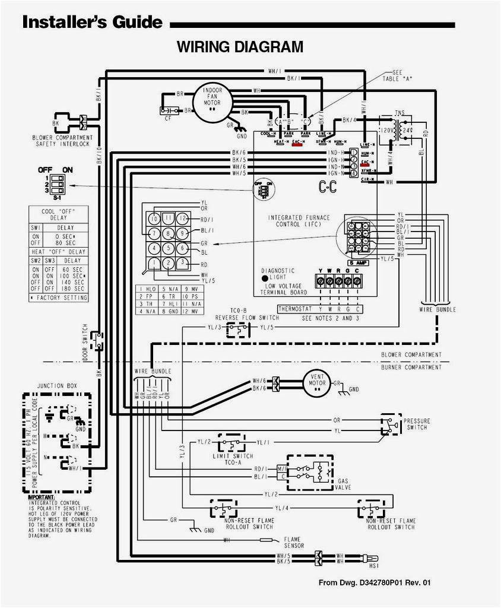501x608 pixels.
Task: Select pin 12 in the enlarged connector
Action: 184,218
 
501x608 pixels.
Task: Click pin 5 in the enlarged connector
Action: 169,248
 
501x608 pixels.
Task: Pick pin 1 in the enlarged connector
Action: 154,263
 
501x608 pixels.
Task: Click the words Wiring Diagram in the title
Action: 240,46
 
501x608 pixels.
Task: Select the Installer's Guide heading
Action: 92,23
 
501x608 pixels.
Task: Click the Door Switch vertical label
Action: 85,343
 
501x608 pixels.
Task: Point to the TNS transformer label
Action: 401,113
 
